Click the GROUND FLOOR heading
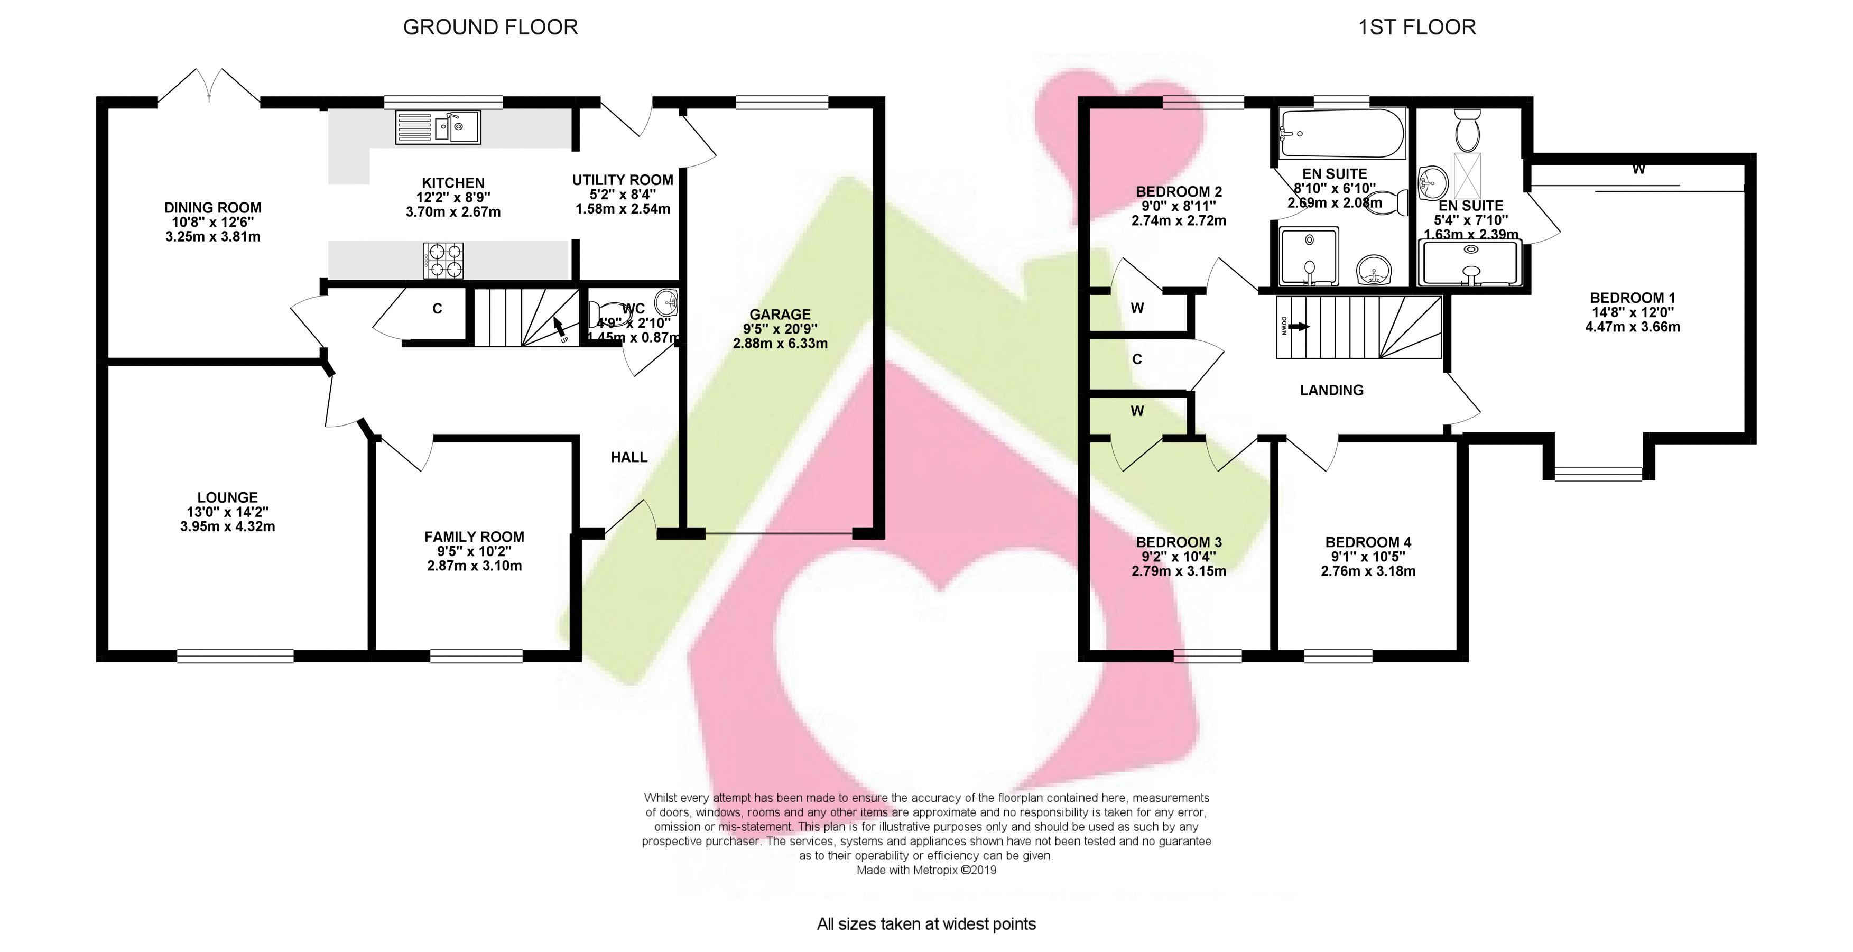tap(490, 27)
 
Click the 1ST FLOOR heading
tap(1417, 27)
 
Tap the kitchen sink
tap(438, 128)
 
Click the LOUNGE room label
tap(227, 497)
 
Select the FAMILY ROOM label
tap(474, 537)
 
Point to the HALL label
tap(629, 457)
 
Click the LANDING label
tap(1331, 390)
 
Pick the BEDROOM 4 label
tap(1368, 542)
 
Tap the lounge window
tap(235, 655)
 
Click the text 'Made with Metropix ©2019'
tap(926, 870)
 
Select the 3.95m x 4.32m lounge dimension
tap(227, 526)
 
